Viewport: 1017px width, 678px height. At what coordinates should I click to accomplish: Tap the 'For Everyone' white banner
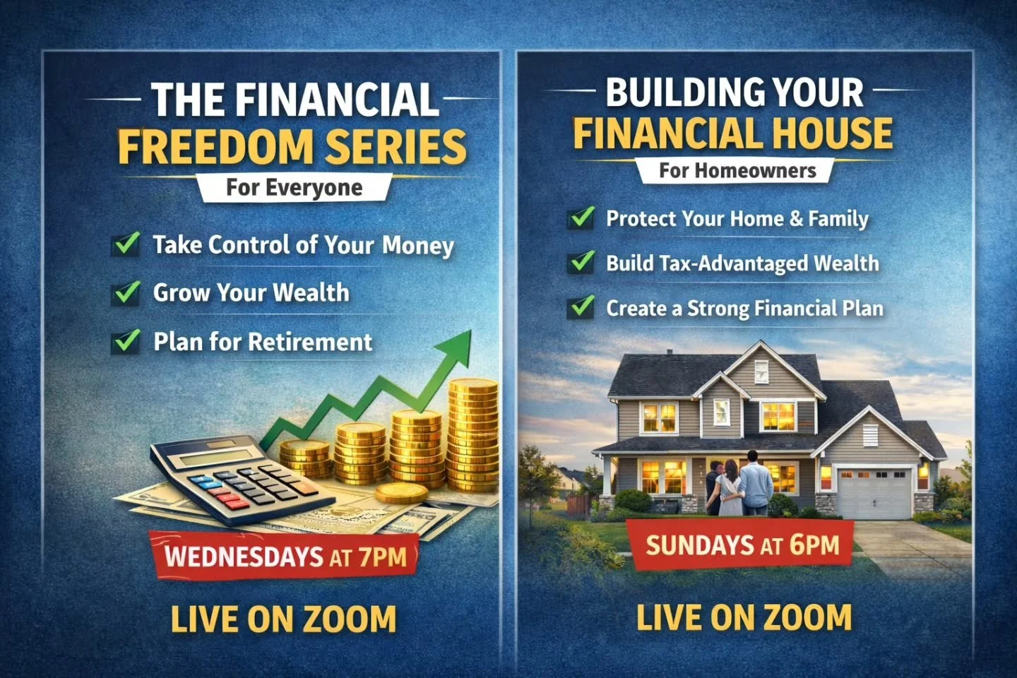tap(294, 188)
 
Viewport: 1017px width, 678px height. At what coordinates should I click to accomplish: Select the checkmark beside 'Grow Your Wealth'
tap(126, 292)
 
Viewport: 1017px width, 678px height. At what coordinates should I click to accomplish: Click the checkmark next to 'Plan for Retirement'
tap(126, 342)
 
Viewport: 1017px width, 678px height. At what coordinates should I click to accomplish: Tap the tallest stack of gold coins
tap(472, 434)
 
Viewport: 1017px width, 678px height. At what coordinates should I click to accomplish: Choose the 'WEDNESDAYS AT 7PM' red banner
tap(285, 556)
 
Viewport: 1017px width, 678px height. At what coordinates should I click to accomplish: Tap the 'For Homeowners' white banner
tap(737, 170)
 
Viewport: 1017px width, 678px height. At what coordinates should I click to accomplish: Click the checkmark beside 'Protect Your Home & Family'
tap(581, 218)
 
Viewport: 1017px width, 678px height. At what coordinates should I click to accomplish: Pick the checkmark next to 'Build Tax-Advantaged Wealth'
tap(581, 263)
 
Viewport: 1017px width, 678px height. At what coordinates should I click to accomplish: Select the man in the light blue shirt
tap(756, 484)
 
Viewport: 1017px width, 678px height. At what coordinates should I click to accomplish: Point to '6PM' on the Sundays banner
tap(814, 545)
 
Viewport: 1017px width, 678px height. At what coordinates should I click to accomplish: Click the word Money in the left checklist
tap(418, 246)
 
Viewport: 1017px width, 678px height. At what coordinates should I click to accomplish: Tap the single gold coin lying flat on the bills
tap(402, 492)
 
